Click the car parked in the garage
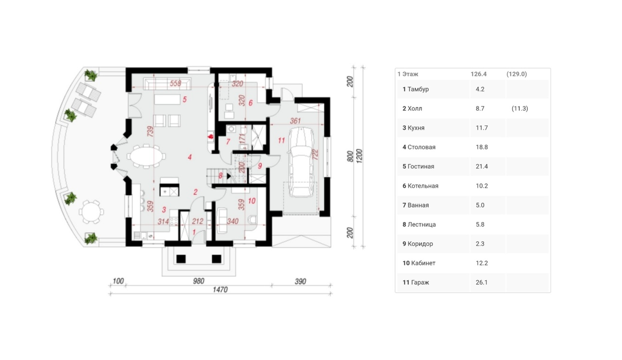coord(301,162)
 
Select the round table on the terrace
coord(91,212)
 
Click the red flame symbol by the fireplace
coord(211,137)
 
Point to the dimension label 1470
coord(220,290)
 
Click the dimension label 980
coord(199,281)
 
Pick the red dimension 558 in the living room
coord(175,83)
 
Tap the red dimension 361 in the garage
coord(295,121)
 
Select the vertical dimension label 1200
coord(359,156)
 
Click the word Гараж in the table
coord(420,282)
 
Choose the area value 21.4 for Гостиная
coord(482,166)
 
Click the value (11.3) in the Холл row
coord(520,108)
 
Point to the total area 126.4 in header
coord(479,74)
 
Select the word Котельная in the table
coord(423,186)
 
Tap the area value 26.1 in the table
coord(482,282)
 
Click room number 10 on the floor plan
coord(252,201)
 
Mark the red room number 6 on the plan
coord(250,103)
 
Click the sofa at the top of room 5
coord(168,84)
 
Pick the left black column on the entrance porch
coord(181,259)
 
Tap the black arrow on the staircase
coord(229,176)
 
